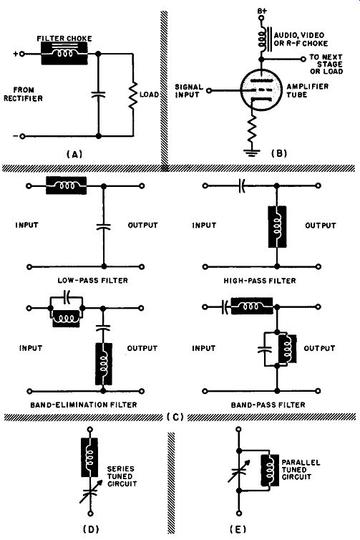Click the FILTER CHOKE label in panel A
click(x=64, y=38)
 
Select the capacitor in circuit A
click(x=99, y=94)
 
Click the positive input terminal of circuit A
click(x=22, y=54)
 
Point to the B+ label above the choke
click(x=262, y=11)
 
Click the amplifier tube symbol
click(x=261, y=90)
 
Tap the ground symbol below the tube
click(x=252, y=153)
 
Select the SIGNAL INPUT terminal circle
click(x=209, y=90)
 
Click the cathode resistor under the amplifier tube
click(x=252, y=129)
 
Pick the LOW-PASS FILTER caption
click(x=92, y=280)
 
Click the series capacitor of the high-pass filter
click(x=242, y=185)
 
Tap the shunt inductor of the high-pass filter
click(x=277, y=226)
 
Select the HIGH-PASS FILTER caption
click(x=260, y=281)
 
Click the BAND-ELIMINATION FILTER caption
click(x=84, y=405)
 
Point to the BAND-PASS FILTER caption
click(x=268, y=405)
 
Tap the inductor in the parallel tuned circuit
click(x=270, y=470)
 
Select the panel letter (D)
click(x=91, y=529)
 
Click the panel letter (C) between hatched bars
click(x=175, y=417)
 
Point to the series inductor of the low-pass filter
click(x=67, y=185)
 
